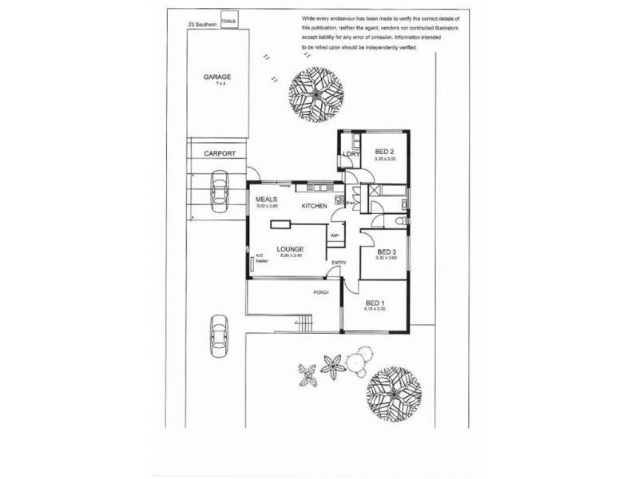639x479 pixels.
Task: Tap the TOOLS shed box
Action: pyautogui.click(x=229, y=19)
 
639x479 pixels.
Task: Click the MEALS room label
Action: pyautogui.click(x=265, y=199)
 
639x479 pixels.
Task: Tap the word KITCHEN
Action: pyautogui.click(x=314, y=207)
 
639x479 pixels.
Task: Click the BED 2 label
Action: pyautogui.click(x=384, y=152)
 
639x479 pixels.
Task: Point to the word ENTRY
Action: pyautogui.click(x=339, y=263)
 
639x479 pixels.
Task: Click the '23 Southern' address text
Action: pyautogui.click(x=201, y=24)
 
